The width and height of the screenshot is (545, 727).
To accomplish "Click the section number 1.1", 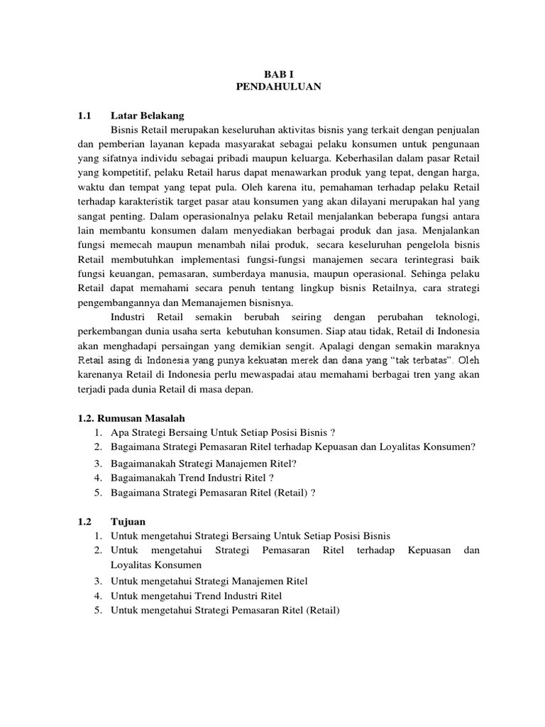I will coord(85,115).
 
